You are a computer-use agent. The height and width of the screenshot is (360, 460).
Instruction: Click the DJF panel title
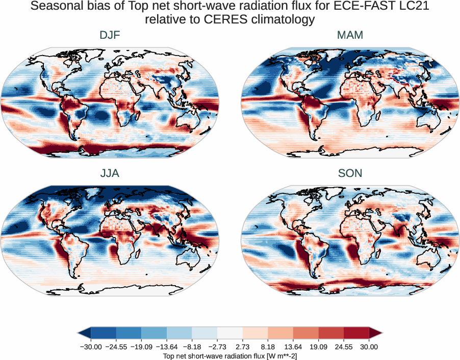(x=110, y=35)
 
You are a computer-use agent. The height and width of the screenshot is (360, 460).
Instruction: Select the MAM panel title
(x=350, y=35)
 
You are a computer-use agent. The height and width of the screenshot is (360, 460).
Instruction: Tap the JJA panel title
(x=110, y=173)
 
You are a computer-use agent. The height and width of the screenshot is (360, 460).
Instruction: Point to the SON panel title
(x=350, y=173)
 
